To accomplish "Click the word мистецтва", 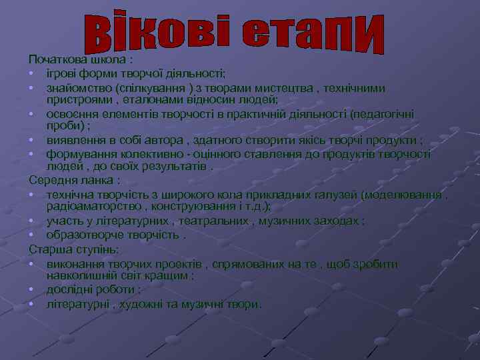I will tap(271, 88).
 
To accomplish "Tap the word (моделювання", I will tap(403, 195).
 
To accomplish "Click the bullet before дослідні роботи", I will tap(32, 290).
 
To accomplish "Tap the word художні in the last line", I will tap(144, 304).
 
